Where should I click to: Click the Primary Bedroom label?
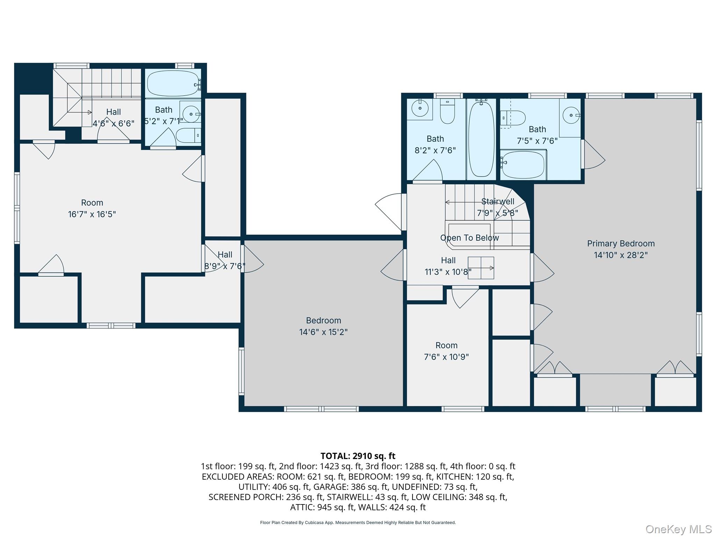coord(621,243)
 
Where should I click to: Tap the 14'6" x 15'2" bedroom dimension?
coord(323,332)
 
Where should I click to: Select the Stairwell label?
coord(498,201)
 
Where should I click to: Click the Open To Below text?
coord(470,238)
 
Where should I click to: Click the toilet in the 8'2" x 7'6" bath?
coord(447,111)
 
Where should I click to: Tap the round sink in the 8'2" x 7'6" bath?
coord(420,108)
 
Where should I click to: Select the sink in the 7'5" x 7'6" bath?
coord(572,115)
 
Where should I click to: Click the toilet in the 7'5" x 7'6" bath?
coord(513,118)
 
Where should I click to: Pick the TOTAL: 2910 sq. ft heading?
coord(358,456)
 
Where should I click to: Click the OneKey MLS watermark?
coord(678,529)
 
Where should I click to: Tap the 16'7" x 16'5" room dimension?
coord(92,214)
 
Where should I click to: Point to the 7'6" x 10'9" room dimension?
coord(446,357)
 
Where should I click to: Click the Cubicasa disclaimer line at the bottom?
coord(358,523)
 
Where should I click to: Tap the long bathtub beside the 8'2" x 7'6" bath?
coord(481,138)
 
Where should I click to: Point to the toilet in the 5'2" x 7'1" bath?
coord(188,135)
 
